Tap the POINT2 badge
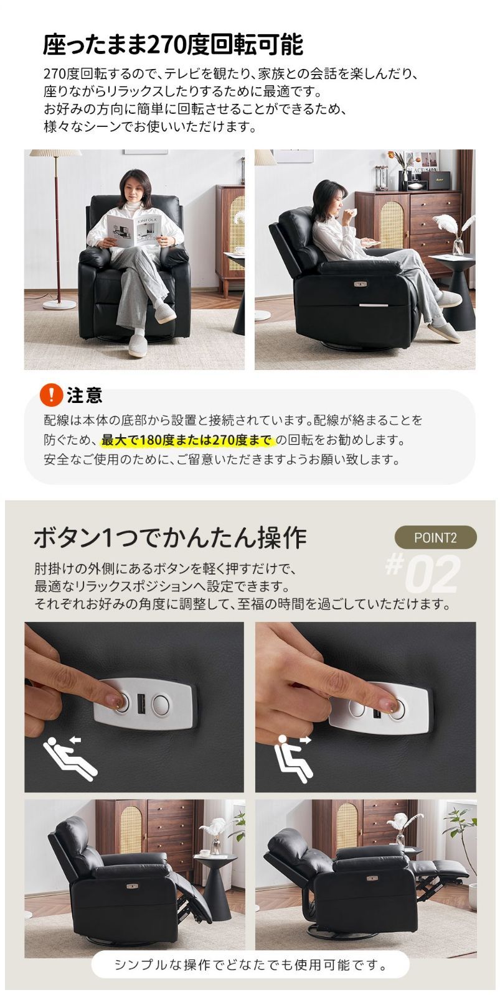pyautogui.click(x=435, y=537)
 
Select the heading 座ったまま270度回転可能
pyautogui.click(x=173, y=45)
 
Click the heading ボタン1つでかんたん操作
pyautogui.click(x=169, y=537)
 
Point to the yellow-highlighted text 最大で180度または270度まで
pyautogui.click(x=187, y=440)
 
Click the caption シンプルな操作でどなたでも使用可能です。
pyautogui.click(x=250, y=966)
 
